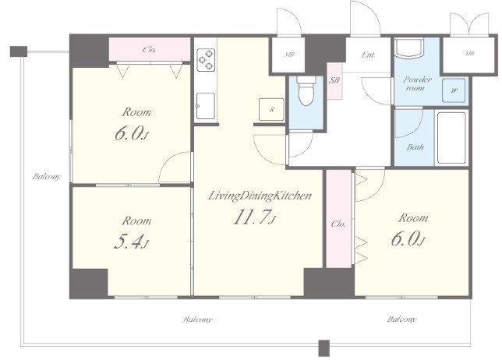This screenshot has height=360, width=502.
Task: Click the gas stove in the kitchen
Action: pyautogui.click(x=206, y=60)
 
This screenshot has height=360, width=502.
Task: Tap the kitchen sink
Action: pyautogui.click(x=206, y=106)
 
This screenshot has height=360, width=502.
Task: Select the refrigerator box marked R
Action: pyautogui.click(x=271, y=109)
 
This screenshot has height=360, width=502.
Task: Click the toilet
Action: pyautogui.click(x=306, y=90)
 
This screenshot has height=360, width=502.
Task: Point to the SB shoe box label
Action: pyautogui.click(x=334, y=80)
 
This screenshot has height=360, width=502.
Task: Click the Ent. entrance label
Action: pyautogui.click(x=368, y=55)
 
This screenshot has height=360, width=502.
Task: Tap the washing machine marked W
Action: pyautogui.click(x=454, y=90)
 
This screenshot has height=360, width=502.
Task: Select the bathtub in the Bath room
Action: pyautogui.click(x=451, y=138)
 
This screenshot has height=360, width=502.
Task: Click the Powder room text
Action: pyautogui.click(x=417, y=83)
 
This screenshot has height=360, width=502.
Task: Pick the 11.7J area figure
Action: pyautogui.click(x=255, y=217)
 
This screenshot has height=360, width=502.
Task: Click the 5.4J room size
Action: pyautogui.click(x=131, y=242)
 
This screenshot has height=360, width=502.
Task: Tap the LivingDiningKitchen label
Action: pyautogui.click(x=260, y=196)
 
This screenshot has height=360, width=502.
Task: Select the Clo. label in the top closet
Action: pyautogui.click(x=149, y=50)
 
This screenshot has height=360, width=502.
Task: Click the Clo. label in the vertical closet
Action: pyautogui.click(x=338, y=224)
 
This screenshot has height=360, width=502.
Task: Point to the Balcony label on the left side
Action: pyautogui.click(x=47, y=176)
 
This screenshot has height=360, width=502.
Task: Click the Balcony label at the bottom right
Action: pyautogui.click(x=401, y=319)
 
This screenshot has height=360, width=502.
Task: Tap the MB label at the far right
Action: pyautogui.click(x=469, y=54)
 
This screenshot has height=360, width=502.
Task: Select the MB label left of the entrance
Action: pyautogui.click(x=290, y=55)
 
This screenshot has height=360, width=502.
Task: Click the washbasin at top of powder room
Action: pyautogui.click(x=409, y=48)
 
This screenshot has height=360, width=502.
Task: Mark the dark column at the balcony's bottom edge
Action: pyautogui.click(x=324, y=348)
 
